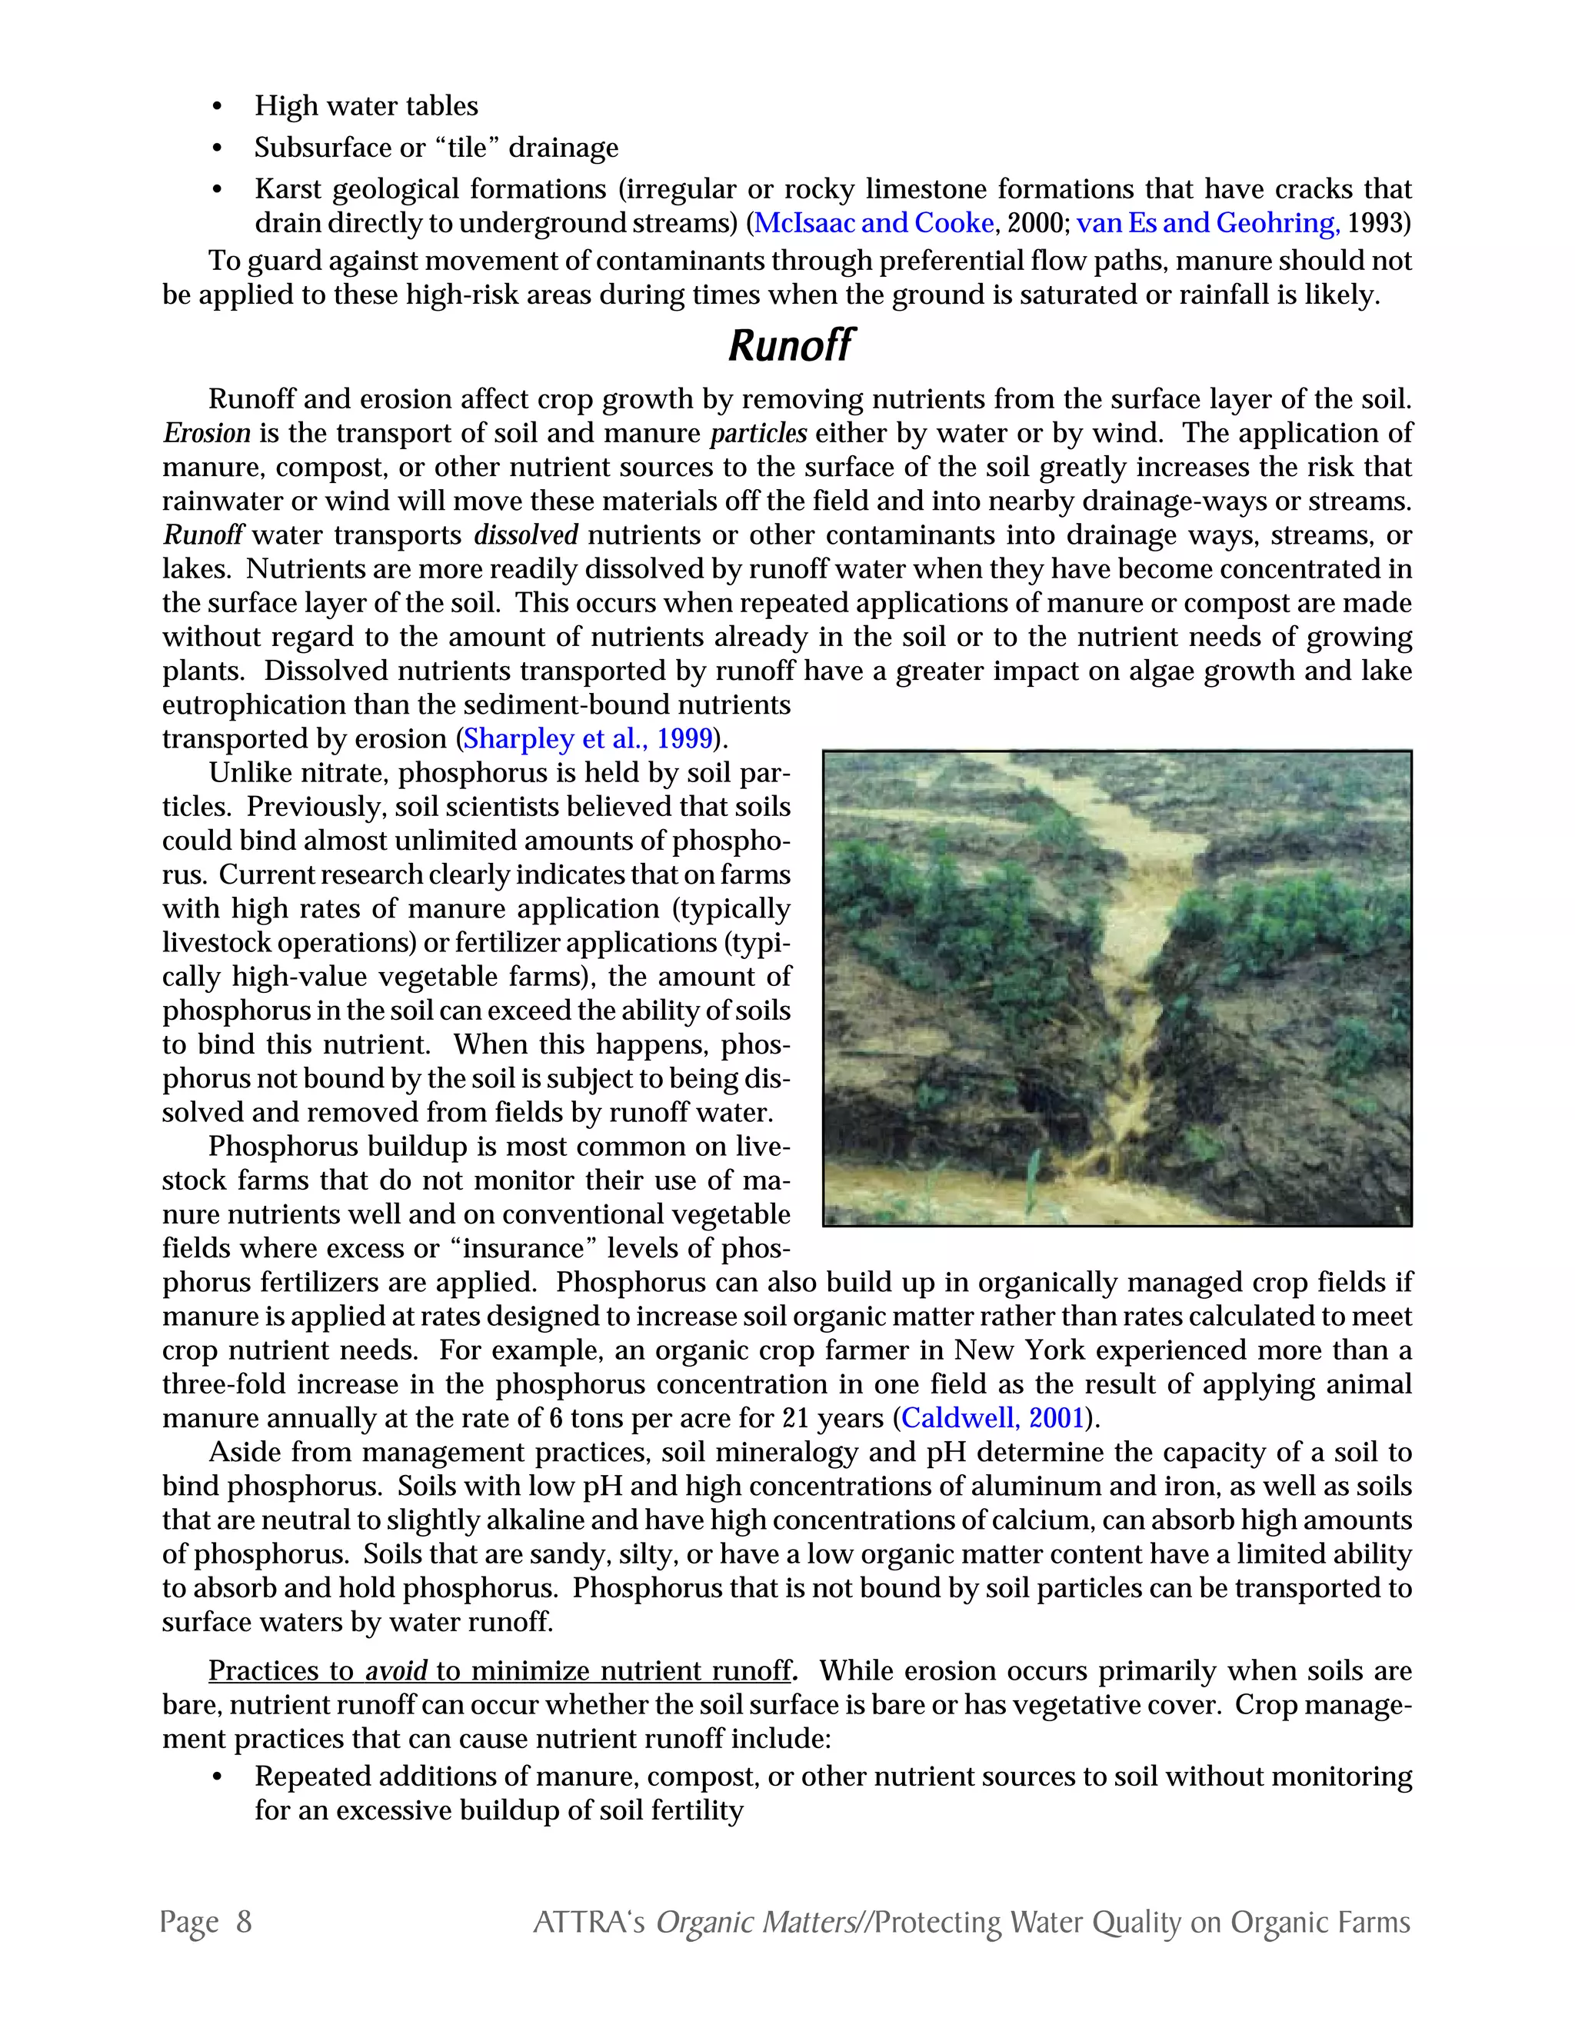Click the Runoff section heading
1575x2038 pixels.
(789, 346)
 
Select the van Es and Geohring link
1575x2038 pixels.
(1208, 223)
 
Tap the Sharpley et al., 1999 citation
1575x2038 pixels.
(588, 739)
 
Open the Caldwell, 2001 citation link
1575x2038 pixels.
(993, 1418)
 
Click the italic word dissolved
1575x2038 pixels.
(525, 535)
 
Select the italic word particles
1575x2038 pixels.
(758, 434)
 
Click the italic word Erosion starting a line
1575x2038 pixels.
(206, 434)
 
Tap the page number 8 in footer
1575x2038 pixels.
(244, 1923)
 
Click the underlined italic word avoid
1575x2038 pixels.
(395, 1671)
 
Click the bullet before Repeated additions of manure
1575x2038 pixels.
(218, 1777)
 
